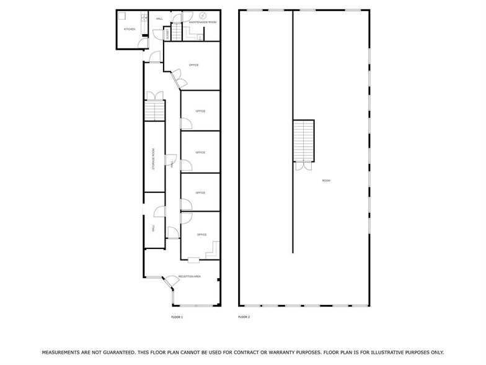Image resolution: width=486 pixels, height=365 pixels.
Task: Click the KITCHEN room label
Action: point(130,29)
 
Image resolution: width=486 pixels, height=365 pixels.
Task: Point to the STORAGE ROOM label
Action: point(153,159)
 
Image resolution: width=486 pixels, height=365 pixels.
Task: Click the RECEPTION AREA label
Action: point(189,276)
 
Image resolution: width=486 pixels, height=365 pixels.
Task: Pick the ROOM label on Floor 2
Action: point(326,181)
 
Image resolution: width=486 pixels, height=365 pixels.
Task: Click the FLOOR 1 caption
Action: point(177,317)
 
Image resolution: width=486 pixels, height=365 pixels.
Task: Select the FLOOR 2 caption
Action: point(244,317)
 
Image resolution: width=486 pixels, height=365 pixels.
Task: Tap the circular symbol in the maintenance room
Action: point(203,16)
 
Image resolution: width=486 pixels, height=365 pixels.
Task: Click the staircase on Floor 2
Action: point(304,140)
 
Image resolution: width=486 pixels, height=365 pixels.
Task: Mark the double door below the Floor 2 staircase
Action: point(304,166)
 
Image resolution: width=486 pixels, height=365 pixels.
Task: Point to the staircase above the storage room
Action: point(154,111)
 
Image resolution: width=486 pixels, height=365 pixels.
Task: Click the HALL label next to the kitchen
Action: point(159,19)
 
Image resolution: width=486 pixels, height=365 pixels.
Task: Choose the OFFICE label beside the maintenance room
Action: point(194,65)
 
